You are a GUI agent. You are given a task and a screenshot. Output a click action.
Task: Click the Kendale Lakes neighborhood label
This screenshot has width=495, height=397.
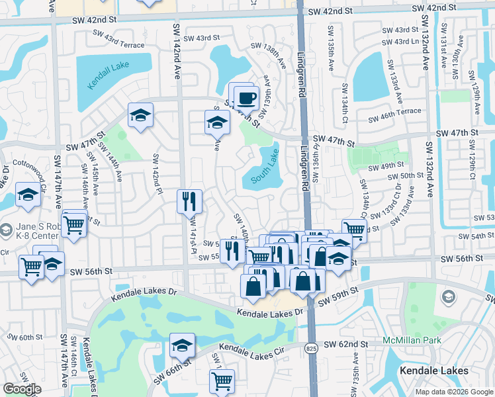point(434,371)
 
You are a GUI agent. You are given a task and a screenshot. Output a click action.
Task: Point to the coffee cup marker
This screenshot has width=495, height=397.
point(247,99)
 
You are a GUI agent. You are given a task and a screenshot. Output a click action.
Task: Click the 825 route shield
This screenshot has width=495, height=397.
point(310,347)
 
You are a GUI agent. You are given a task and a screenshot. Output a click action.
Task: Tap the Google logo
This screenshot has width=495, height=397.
point(21,389)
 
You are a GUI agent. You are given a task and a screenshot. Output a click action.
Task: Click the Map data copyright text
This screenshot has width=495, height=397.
point(453,392)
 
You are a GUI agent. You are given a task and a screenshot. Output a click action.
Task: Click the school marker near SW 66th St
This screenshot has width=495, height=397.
point(181,345)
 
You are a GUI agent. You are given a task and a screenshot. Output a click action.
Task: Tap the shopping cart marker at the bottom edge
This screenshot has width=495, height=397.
point(221,381)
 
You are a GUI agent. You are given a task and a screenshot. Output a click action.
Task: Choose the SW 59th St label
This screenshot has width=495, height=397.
point(337,296)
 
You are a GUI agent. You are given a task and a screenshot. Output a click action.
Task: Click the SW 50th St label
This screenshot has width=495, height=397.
point(406,175)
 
